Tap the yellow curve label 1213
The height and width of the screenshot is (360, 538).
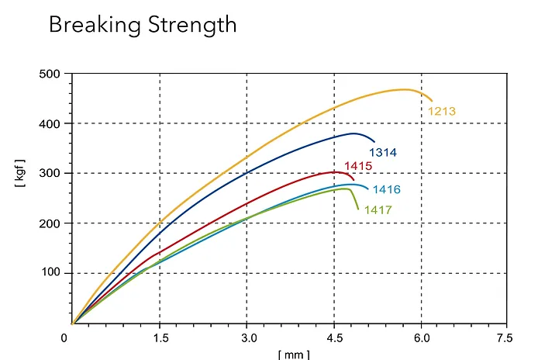click(442, 112)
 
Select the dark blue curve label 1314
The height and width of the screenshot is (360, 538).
click(383, 153)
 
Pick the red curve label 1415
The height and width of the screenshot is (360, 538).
click(358, 166)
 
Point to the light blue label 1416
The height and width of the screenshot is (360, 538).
click(386, 190)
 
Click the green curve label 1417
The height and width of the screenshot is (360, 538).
click(378, 210)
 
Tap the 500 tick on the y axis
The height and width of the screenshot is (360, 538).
click(50, 74)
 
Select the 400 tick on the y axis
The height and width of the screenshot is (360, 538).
click(50, 124)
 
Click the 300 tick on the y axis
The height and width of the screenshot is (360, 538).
click(50, 174)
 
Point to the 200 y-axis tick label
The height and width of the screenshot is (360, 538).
click(50, 223)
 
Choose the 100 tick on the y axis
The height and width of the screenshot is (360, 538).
click(50, 273)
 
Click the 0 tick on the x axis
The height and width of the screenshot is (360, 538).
click(65, 337)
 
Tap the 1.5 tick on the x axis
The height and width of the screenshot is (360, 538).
click(159, 337)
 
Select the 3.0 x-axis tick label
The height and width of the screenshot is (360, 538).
click(247, 337)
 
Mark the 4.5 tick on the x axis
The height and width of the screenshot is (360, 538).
click(333, 337)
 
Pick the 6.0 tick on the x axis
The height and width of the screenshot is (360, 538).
click(421, 337)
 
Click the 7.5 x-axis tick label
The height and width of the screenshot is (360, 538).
click(505, 337)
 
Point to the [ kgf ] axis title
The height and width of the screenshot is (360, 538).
click(20, 174)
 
